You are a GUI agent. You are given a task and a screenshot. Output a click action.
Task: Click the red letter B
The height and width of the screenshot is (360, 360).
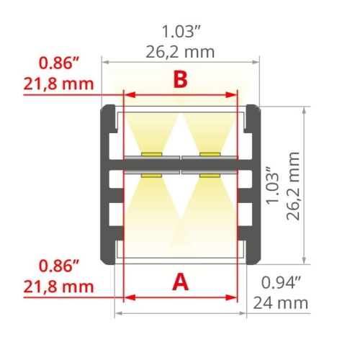coord(181,80)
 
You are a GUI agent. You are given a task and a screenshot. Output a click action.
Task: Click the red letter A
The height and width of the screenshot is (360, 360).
coord(181,282)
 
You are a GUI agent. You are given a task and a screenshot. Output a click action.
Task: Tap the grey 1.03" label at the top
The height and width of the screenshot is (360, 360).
coord(181,32)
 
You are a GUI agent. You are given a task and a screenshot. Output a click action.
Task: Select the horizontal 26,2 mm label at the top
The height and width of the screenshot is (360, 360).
coord(180,52)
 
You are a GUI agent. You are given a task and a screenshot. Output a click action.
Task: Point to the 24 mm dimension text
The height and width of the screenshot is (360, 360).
coord(281,303)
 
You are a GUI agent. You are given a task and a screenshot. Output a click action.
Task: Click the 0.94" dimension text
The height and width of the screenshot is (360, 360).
coord(281,282)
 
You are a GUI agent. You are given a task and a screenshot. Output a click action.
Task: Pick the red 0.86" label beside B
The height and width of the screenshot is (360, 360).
coord(59,63)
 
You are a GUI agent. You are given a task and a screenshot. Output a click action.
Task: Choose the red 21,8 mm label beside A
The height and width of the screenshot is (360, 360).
coord(58,287)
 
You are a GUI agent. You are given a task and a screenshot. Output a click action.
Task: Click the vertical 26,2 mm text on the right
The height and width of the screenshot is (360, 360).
coord(293,186)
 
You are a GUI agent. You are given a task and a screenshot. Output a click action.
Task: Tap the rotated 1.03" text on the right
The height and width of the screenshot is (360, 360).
coord(273,185)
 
